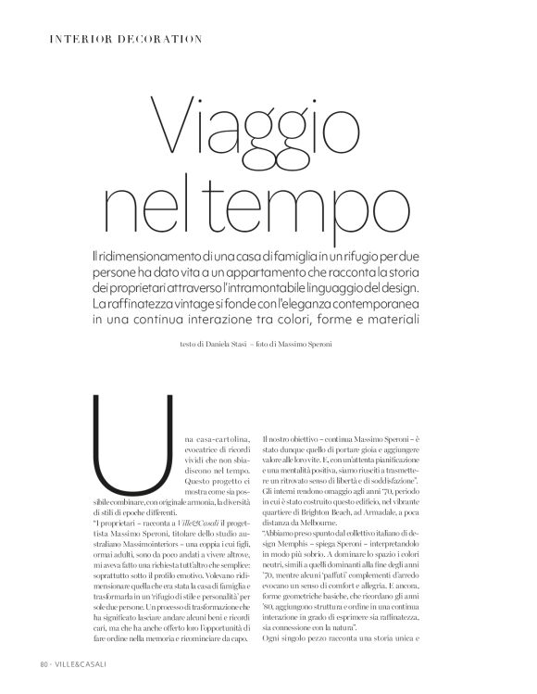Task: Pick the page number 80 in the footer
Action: [44, 663]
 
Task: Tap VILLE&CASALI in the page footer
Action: [83, 663]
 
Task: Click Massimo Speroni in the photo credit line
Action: [325, 344]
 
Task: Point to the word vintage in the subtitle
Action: [222, 304]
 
